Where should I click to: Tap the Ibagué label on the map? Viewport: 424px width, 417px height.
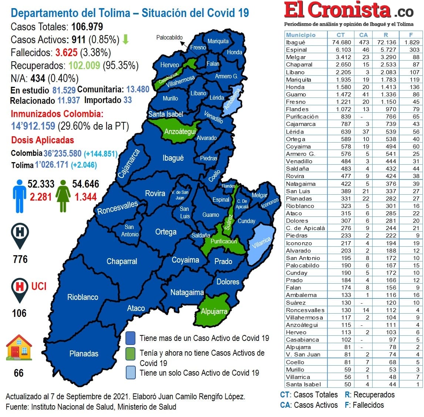[x=173, y=158]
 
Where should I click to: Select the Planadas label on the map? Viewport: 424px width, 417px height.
[x=84, y=353]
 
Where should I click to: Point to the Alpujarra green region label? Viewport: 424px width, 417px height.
[x=214, y=311]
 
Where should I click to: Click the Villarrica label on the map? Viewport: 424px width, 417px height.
[x=261, y=243]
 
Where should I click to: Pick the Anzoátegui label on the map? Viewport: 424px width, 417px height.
[x=180, y=131]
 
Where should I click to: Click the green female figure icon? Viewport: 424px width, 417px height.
[x=63, y=196]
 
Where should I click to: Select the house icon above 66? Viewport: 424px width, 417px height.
[x=19, y=348]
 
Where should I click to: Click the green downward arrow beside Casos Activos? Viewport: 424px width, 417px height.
[x=125, y=40]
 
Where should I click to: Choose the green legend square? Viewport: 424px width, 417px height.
[x=130, y=353]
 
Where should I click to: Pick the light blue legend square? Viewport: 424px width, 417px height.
[x=130, y=372]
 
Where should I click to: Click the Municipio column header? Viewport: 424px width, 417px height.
[x=301, y=35]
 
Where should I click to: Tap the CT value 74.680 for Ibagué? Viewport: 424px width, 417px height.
[x=341, y=42]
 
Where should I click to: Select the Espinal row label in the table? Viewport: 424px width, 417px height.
[x=296, y=50]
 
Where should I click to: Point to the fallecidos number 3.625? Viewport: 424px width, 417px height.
[x=67, y=52]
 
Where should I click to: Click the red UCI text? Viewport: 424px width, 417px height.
[x=39, y=286]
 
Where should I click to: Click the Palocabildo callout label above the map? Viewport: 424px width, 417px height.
[x=169, y=37]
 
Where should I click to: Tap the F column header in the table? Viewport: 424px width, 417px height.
[x=411, y=35]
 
